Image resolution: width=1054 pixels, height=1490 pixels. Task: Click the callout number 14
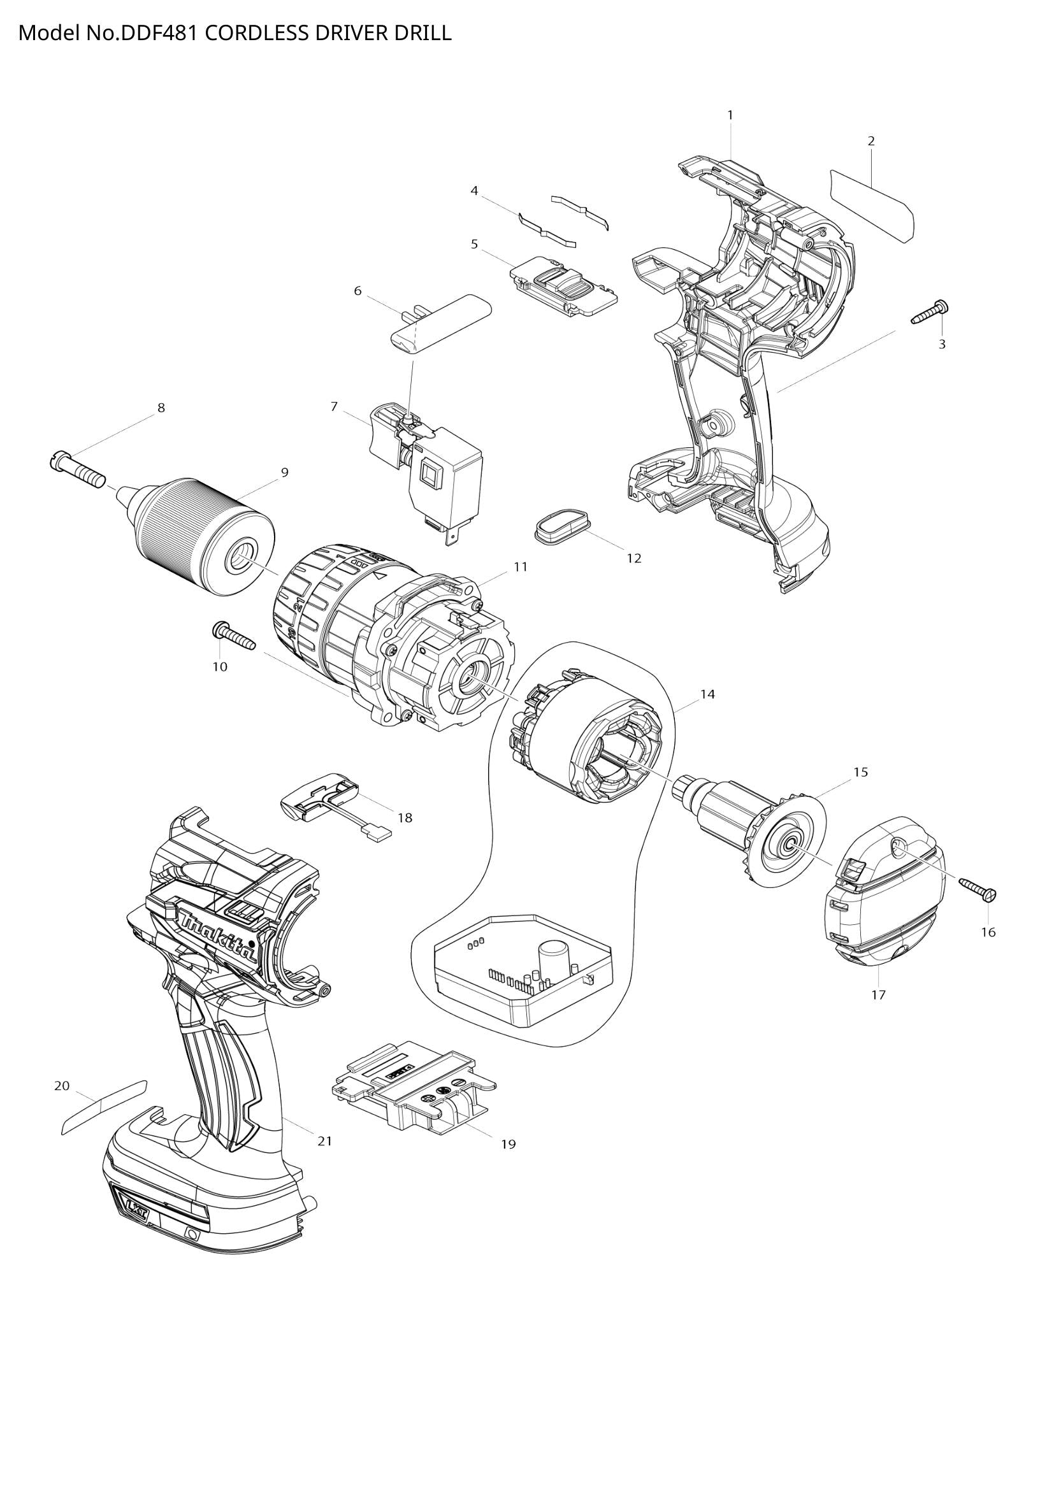[707, 694]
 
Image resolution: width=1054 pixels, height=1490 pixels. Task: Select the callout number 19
[508, 1144]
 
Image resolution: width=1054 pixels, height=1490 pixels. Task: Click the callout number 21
[324, 1141]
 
